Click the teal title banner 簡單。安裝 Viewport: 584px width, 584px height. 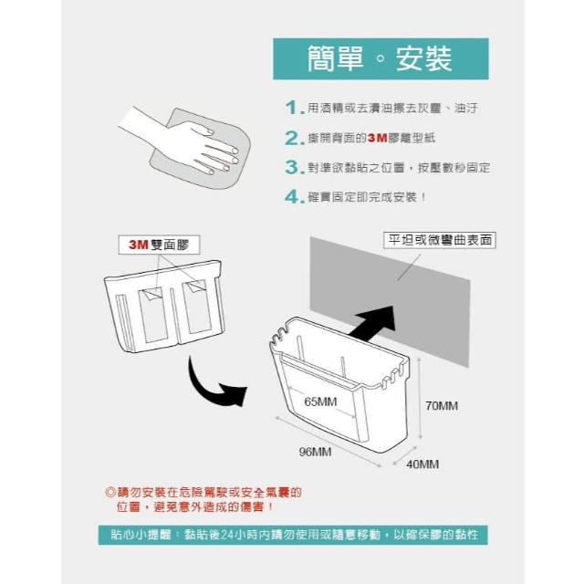pos(381,58)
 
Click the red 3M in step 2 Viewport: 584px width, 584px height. pos(377,138)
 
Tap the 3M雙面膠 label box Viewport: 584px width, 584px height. pos(159,245)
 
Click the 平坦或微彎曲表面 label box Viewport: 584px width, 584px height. pos(440,240)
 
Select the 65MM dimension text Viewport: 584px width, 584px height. pos(320,401)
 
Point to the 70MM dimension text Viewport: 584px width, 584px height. pos(442,405)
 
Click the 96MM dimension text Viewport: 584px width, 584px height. pos(315,452)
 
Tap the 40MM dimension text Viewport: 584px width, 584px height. pos(422,464)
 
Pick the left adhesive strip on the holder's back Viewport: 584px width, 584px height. pos(152,315)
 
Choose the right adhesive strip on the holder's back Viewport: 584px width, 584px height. pos(197,308)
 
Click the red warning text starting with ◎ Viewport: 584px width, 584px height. pos(203,499)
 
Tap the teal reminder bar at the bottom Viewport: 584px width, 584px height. pos(293,535)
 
